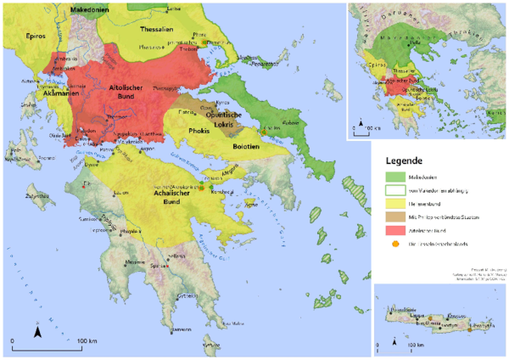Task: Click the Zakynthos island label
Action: (37, 194)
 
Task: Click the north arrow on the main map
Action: (37, 332)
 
